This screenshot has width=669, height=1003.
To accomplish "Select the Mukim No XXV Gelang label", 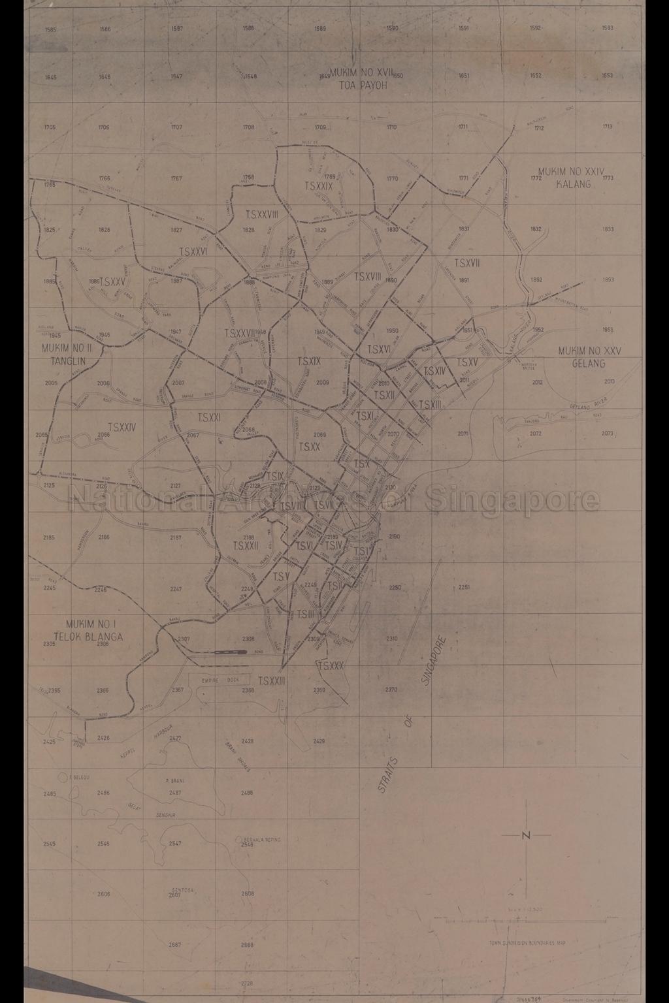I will point(590,357).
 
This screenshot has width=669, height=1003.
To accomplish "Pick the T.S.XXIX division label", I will point(318,186).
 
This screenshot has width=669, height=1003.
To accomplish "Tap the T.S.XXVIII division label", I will point(262,214).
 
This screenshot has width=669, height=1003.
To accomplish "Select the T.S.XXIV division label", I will point(122,427).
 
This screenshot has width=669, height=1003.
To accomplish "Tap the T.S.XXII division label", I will point(246,545).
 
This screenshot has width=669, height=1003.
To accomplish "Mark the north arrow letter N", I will point(527,835).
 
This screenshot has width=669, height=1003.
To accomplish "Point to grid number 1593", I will point(608,29).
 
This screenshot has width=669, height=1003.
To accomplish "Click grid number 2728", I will point(247,983).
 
